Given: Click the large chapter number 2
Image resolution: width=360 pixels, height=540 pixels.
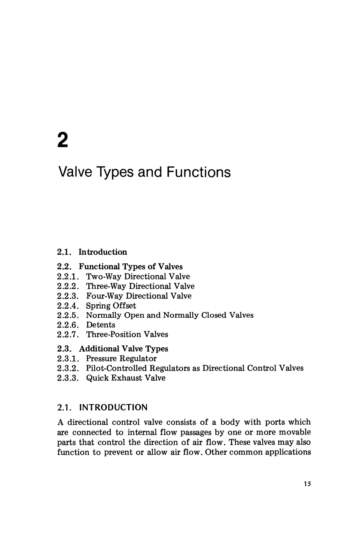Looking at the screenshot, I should click(63, 140).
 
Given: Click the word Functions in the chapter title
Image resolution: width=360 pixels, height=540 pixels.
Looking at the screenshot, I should click(199, 172).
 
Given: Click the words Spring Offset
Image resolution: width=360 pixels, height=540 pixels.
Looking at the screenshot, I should click(111, 306).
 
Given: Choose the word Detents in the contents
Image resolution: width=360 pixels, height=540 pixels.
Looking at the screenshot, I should click(100, 325).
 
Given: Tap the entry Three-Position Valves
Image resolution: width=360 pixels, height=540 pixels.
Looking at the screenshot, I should click(127, 334).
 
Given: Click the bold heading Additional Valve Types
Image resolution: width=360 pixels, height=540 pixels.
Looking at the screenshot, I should click(124, 349).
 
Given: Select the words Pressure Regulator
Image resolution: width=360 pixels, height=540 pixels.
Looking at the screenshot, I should click(121, 358).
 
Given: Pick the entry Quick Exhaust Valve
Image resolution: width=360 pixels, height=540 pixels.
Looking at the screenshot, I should click(125, 378).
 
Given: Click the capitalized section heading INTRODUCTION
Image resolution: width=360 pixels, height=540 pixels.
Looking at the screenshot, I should click(113, 408).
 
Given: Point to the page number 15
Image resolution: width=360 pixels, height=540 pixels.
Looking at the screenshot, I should click(307, 484).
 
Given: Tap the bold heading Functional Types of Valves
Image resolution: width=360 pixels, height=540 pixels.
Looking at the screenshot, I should click(131, 266).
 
